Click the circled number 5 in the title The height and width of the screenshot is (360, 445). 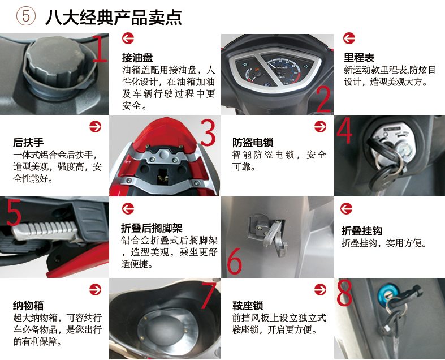tap(26, 16)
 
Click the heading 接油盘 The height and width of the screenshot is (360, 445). tap(137, 58)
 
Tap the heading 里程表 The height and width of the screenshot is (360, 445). tap(359, 58)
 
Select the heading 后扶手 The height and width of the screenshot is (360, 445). tap(28, 142)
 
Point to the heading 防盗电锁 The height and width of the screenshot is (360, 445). tap(253, 142)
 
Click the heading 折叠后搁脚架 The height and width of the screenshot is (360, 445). tap(152, 228)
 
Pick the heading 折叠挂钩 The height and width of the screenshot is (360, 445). tap(362, 231)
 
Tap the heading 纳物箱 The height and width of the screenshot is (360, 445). tap(28, 306)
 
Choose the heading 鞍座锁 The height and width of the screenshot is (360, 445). tap(248, 306)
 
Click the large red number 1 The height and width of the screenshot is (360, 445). tap(100, 48)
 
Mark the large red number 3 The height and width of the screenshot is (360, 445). tap(208, 132)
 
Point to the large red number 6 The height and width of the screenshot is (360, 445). tap(235, 261)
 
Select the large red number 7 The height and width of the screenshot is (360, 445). tap(209, 295)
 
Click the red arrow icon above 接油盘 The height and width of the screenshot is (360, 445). tap(128, 38)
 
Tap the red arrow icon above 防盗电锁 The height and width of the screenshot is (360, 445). tap(320, 126)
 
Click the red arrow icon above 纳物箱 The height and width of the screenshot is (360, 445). tap(95, 290)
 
